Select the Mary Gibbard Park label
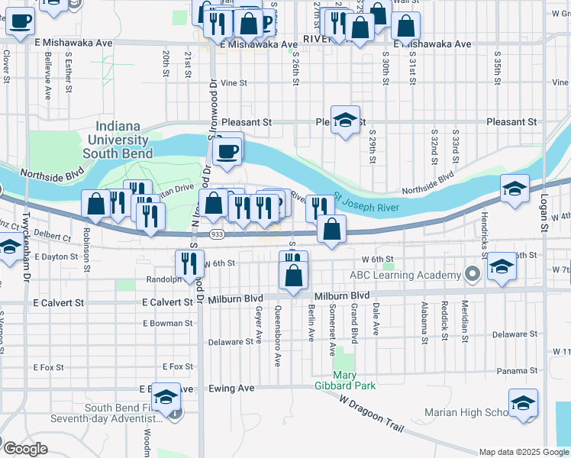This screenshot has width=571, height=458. pos(356,380)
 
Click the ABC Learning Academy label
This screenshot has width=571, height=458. pos(405,275)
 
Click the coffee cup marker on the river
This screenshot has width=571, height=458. pos(227,150)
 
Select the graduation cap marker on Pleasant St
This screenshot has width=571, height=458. pos(345,120)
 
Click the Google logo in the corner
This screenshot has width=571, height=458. pos(25,449)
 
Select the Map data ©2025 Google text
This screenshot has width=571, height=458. pos(523,452)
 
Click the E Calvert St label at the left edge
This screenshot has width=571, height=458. pos(58,303)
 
